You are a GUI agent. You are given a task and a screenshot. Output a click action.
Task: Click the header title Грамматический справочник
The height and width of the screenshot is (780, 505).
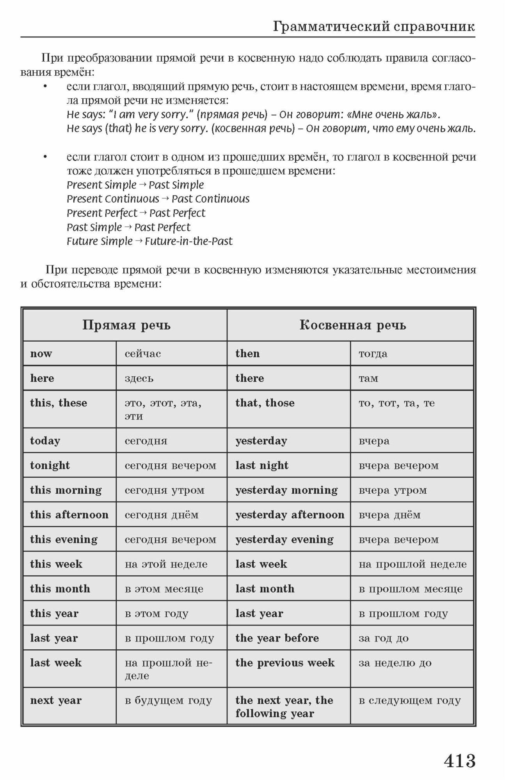pyautogui.click(x=374, y=26)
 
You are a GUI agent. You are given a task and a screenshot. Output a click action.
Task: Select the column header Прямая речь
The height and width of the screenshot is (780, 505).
pyautogui.click(x=126, y=325)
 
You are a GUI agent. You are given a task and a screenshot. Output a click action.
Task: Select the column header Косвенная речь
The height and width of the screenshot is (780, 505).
pyautogui.click(x=352, y=325)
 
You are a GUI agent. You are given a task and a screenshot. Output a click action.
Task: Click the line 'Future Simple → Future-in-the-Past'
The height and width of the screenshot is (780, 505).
pyautogui.click(x=149, y=241)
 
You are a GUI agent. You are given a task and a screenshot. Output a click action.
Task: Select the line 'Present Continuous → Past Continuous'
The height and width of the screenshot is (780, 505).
pyautogui.click(x=158, y=199)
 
